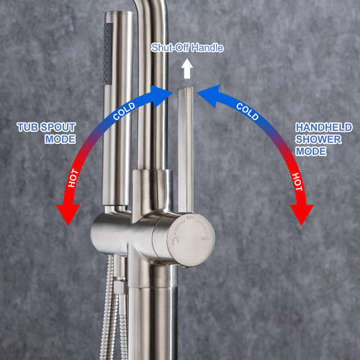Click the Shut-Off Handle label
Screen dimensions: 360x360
(x=187, y=48)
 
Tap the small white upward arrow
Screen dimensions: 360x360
(x=187, y=69)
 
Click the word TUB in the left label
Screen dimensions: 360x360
(x=27, y=127)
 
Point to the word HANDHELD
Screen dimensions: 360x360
(x=324, y=127)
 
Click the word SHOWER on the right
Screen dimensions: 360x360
(x=318, y=140)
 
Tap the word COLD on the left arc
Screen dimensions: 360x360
(x=124, y=112)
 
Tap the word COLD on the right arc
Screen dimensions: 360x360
(x=248, y=112)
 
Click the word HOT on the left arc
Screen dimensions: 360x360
(x=73, y=178)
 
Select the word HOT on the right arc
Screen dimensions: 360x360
(x=297, y=181)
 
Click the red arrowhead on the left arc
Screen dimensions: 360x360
(x=68, y=214)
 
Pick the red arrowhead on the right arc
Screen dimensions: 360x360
(x=302, y=215)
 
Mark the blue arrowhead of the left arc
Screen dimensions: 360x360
(x=161, y=95)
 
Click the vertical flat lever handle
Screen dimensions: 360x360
(x=185, y=150)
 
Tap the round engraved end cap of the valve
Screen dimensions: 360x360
(x=192, y=240)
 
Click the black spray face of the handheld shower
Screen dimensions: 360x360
(x=107, y=53)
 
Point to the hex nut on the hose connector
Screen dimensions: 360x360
(x=120, y=287)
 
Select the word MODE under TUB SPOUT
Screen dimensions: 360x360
(x=60, y=139)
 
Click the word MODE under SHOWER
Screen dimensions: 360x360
(x=311, y=151)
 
